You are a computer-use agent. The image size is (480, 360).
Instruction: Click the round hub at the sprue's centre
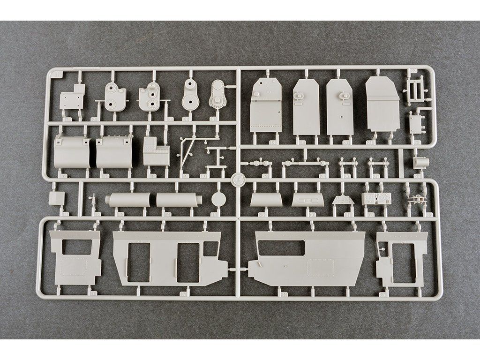(238, 179)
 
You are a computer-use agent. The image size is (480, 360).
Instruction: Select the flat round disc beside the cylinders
(219, 199)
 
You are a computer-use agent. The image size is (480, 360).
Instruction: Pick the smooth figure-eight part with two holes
(190, 95)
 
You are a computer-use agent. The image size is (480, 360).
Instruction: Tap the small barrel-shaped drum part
(421, 163)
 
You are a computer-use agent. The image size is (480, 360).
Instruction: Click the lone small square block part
(56, 198)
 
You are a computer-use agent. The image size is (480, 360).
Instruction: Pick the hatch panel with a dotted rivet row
(265, 107)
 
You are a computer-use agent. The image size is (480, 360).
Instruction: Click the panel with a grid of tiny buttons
(376, 198)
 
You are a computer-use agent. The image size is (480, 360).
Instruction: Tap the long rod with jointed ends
(303, 163)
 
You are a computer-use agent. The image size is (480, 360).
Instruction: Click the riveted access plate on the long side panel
(320, 268)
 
